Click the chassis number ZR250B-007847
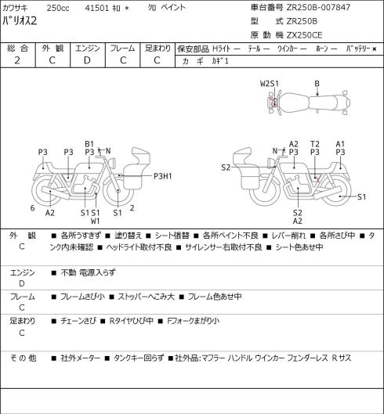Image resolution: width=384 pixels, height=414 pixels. pyautogui.click(x=318, y=7)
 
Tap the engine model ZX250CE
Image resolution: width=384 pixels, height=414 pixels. pyautogui.click(x=304, y=35)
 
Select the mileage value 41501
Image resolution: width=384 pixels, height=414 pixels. pyautogui.click(x=97, y=8)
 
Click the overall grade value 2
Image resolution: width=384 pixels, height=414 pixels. pyautogui.click(x=17, y=60)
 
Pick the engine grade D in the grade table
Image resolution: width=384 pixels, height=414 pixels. pyautogui.click(x=87, y=60)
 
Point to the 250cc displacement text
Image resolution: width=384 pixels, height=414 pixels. pyautogui.click(x=58, y=8)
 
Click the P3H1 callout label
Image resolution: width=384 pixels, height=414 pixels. pyautogui.click(x=163, y=176)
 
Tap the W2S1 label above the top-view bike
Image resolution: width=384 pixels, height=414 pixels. pyautogui.click(x=270, y=84)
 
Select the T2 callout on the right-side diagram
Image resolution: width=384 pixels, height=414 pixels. pyautogui.click(x=315, y=144)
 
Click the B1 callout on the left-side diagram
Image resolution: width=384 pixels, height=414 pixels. pyautogui.click(x=89, y=144)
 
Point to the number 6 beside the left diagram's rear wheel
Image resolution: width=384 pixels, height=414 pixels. pyautogui.click(x=33, y=208)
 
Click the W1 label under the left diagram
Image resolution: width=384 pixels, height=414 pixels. pyautogui.click(x=95, y=221)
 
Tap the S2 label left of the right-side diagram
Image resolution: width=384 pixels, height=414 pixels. pyautogui.click(x=226, y=167)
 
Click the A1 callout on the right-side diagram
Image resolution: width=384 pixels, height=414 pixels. pyautogui.click(x=340, y=144)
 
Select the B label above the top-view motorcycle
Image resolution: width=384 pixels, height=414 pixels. pyautogui.click(x=317, y=84)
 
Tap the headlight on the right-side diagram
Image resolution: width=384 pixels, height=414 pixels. pyautogui.click(x=270, y=162)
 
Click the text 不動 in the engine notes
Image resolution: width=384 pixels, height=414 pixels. pyautogui.click(x=68, y=272)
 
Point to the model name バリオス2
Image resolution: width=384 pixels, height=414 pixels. pyautogui.click(x=20, y=20)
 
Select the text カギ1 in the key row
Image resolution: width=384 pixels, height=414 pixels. pyautogui.click(x=220, y=61)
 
